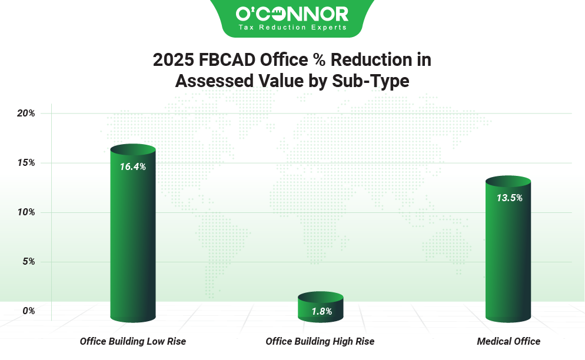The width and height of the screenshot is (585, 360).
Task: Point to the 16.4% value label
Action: pos(132,166)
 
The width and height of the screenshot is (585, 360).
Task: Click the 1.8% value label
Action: pos(320,311)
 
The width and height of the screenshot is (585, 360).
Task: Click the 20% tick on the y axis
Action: pos(25,113)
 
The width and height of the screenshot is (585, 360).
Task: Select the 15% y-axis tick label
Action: pos(25,162)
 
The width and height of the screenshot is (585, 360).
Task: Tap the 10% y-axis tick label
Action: pos(25,212)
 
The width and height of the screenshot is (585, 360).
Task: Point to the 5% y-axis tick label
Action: pos(28,261)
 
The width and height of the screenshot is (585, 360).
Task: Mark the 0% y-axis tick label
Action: pos(28,311)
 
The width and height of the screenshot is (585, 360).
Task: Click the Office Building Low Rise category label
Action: pos(132,341)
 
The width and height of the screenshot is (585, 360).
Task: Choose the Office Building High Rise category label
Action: pos(320,341)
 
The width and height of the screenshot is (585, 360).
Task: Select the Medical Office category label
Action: pos(508,341)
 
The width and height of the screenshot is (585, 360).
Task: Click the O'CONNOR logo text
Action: pos(292,14)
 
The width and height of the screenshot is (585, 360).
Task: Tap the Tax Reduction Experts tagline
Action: pos(292,27)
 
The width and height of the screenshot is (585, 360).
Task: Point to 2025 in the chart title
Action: pos(172,60)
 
